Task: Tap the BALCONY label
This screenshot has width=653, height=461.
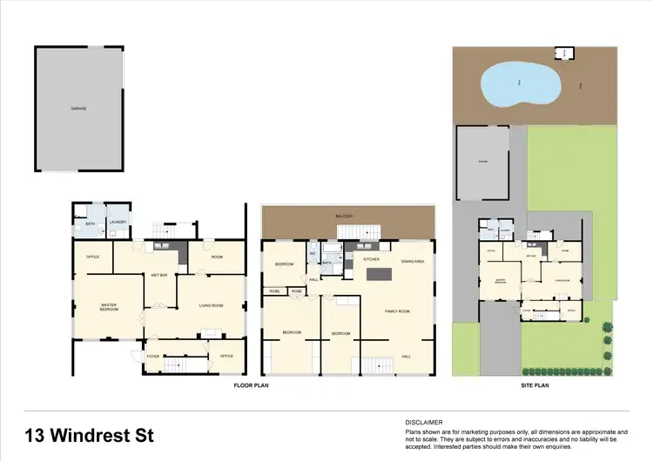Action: [x=347, y=216]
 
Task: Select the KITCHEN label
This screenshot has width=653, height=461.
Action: [x=371, y=259]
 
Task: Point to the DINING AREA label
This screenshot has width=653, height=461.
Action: [x=413, y=261]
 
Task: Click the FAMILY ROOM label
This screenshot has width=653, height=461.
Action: [x=398, y=311]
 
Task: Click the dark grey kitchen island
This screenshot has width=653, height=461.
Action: [x=380, y=275]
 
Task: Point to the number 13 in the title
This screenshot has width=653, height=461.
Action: [x=39, y=434]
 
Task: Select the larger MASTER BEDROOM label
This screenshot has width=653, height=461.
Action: [x=109, y=307]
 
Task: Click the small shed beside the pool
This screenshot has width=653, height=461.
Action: [x=566, y=53]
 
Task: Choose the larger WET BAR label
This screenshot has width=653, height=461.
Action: [x=158, y=274]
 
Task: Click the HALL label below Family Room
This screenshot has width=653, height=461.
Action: [x=406, y=356]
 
